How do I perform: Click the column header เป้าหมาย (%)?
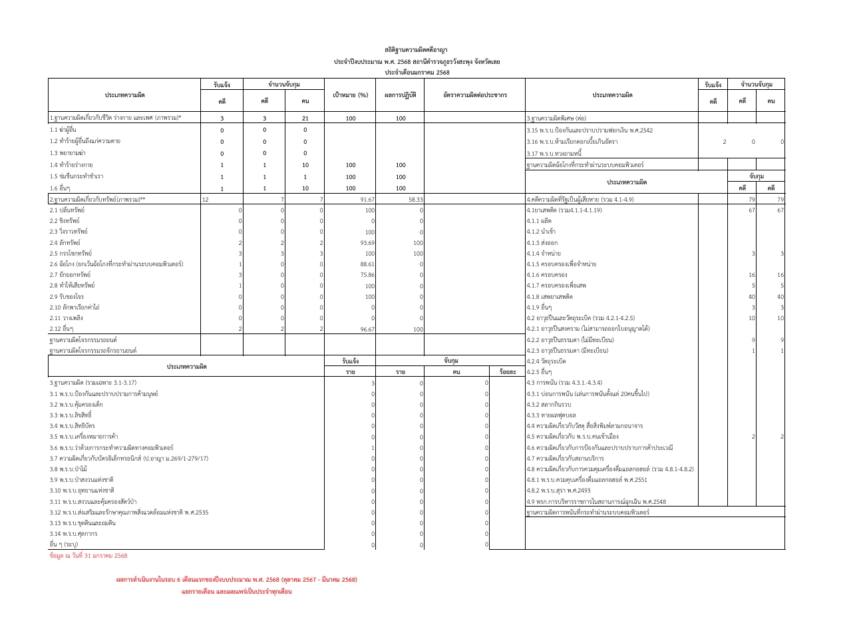[350, 95]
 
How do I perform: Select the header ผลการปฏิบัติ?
[400, 95]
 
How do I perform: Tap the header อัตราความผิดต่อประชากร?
[474, 95]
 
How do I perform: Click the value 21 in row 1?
[305, 118]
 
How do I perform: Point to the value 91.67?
[367, 199]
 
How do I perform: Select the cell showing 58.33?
[415, 199]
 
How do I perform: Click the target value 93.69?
[367, 243]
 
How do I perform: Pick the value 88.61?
[367, 264]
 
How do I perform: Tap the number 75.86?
[367, 275]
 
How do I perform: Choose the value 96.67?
[367, 329]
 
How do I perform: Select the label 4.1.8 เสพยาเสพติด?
[550, 297]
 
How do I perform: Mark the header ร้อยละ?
[507, 372]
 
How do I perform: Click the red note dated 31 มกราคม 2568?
[88, 556]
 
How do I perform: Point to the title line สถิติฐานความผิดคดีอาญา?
[416, 50]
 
